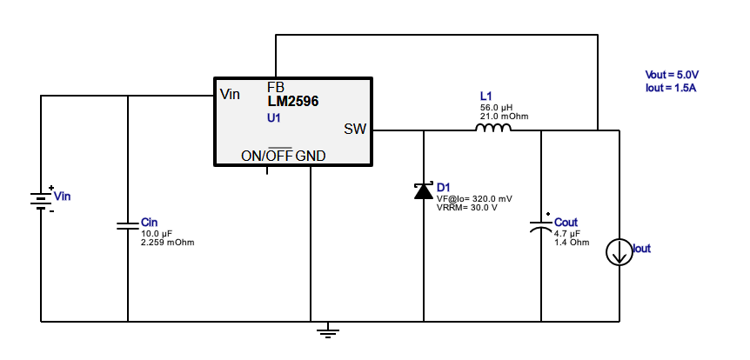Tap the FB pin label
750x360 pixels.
pyautogui.click(x=275, y=88)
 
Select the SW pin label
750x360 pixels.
pyautogui.click(x=355, y=130)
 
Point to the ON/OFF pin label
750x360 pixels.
pyautogui.click(x=267, y=156)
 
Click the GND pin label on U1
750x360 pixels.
pyautogui.click(x=311, y=156)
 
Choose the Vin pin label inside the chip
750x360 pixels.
pyautogui.click(x=231, y=94)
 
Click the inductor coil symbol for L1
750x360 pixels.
pyautogui.click(x=492, y=129)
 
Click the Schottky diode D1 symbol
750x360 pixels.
pyautogui.click(x=424, y=190)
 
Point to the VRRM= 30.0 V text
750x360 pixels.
pyautogui.click(x=466, y=207)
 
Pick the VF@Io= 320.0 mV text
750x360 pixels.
pyautogui.click(x=474, y=198)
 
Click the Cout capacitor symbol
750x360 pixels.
pyautogui.click(x=541, y=226)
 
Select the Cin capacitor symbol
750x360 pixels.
pyautogui.click(x=128, y=226)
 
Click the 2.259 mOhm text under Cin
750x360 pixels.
pyautogui.click(x=167, y=242)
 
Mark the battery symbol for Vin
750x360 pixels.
pyautogui.click(x=41, y=200)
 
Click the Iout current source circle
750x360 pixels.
pyautogui.click(x=619, y=252)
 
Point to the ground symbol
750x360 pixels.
pyautogui.click(x=327, y=330)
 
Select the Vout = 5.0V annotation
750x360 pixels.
pyautogui.click(x=672, y=76)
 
